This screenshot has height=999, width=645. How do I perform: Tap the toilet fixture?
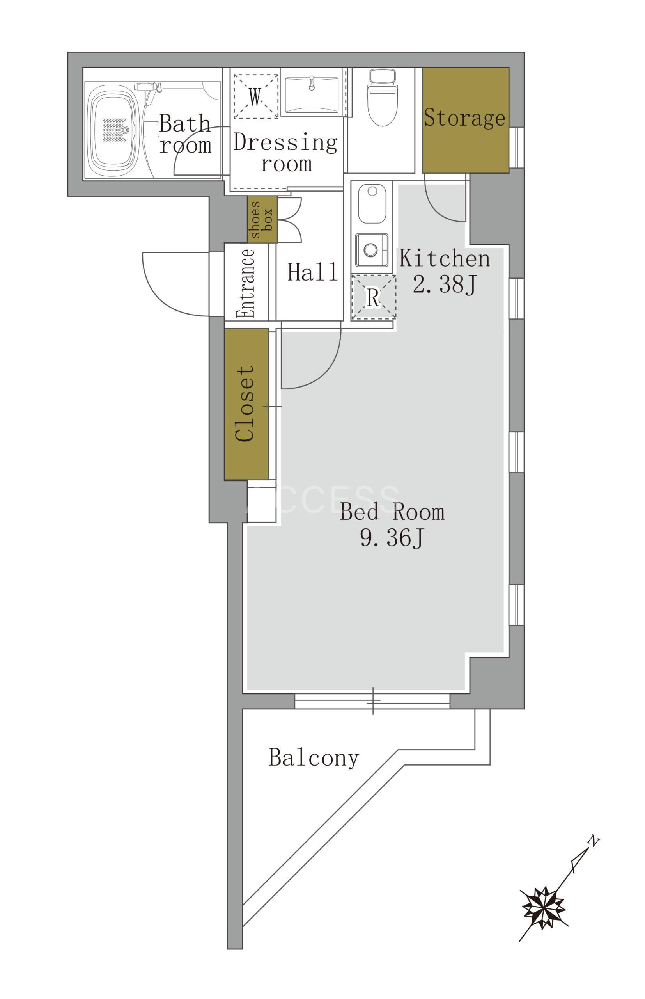pyautogui.click(x=383, y=98)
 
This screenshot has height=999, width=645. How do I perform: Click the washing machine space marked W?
pyautogui.click(x=255, y=96)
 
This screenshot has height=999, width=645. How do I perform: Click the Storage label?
pyautogui.click(x=464, y=118)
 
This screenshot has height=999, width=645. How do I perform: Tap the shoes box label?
pyautogui.click(x=262, y=220)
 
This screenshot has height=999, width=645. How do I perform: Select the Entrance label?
pyautogui.click(x=246, y=283)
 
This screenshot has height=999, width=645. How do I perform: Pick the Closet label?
pyautogui.click(x=245, y=404)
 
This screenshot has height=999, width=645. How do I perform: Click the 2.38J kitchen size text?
pyautogui.click(x=445, y=284)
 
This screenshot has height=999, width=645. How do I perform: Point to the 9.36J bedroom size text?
pyautogui.click(x=392, y=538)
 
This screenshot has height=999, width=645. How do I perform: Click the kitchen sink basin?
pyautogui.click(x=372, y=203)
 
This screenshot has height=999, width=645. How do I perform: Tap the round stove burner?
pyautogui.click(x=370, y=250)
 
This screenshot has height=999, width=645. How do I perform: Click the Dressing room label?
pyautogui.click(x=285, y=153)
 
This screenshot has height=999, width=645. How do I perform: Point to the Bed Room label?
pyautogui.click(x=392, y=512)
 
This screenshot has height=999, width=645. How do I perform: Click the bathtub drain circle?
pyautogui.click(x=124, y=130)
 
